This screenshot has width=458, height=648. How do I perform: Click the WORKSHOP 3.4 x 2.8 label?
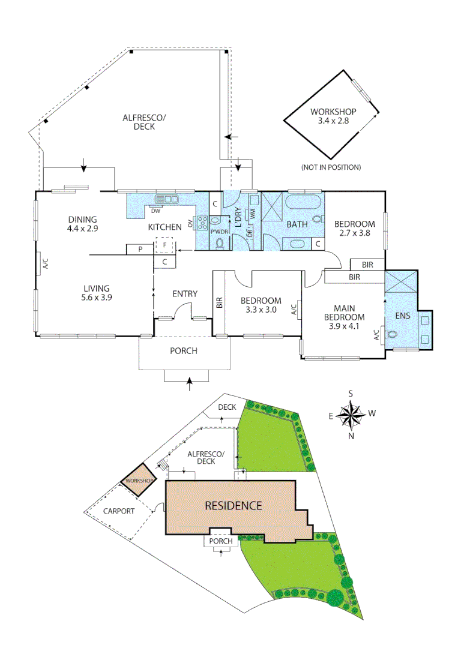click(334, 116)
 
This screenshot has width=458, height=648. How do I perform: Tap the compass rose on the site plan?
click(351, 414)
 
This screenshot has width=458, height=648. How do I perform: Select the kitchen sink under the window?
click(167, 199)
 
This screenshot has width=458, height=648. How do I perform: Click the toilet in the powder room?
click(219, 243)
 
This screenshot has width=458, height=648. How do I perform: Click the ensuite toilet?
click(393, 334)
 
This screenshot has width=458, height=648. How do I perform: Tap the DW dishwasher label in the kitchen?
click(155, 211)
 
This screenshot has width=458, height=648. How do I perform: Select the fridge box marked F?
click(164, 246)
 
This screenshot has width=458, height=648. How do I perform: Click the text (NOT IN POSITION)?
click(331, 167)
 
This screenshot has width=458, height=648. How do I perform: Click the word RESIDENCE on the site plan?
click(234, 505)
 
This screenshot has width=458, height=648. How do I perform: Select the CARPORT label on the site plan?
click(119, 511)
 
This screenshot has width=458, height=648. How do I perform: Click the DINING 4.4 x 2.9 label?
click(82, 224)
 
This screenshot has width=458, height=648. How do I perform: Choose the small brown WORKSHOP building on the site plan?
click(139, 480)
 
